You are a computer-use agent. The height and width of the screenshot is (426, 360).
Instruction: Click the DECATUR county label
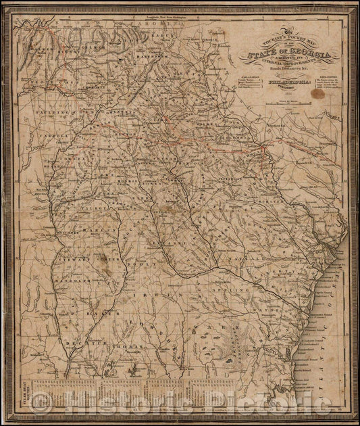(81, 345)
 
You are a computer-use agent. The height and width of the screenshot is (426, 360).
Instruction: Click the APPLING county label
(240, 277)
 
